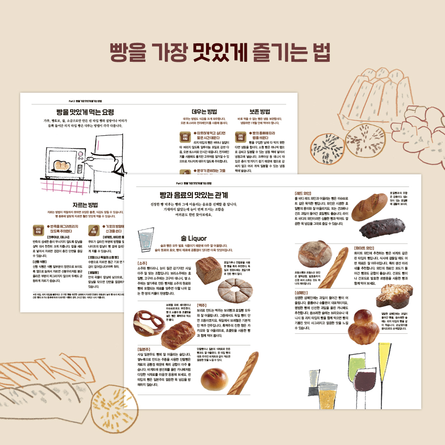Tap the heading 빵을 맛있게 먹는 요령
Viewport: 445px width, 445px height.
coord(85,112)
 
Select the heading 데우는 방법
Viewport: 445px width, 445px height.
coord(204,112)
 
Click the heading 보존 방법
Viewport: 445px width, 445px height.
coord(260,112)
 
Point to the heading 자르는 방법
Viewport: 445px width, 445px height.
coord(85,205)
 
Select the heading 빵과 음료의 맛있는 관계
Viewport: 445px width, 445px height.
coord(194,195)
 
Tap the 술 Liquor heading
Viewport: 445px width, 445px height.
coord(194,238)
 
